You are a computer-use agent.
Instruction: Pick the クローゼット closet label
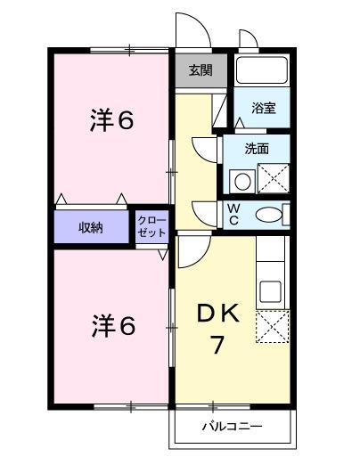coord(150,226)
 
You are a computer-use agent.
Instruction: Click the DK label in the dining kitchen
coord(219,314)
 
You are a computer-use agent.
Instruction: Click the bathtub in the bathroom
coord(262,70)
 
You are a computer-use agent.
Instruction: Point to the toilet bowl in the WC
coord(266,215)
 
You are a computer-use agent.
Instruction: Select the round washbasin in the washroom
coord(241,182)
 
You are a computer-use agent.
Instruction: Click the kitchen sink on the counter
coord(270,290)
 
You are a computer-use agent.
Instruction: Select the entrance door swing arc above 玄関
coord(192,29)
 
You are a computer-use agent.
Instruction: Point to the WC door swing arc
coord(207,213)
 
